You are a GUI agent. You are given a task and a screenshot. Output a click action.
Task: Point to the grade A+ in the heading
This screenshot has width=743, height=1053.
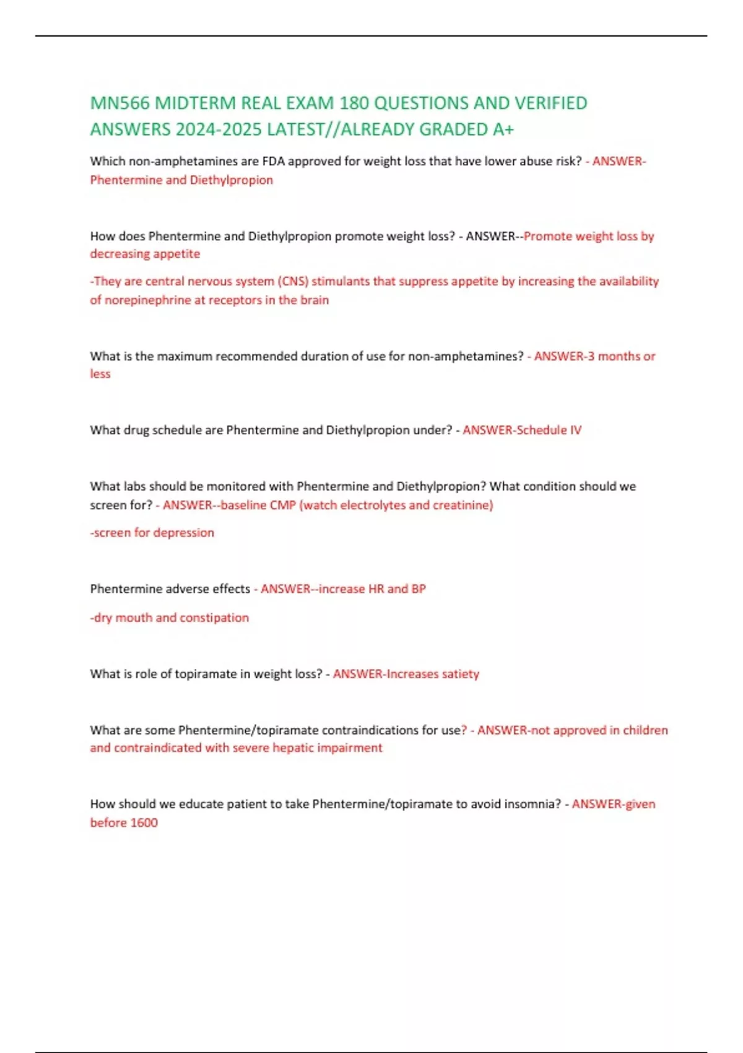[x=503, y=129]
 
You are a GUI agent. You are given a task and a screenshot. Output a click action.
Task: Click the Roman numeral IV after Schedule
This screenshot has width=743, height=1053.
[x=575, y=430]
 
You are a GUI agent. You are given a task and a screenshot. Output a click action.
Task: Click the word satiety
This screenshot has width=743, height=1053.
[x=460, y=674]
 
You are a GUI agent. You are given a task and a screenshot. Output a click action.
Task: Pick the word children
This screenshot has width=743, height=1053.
[x=645, y=730]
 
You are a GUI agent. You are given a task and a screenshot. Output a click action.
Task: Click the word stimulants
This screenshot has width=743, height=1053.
[x=341, y=281]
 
